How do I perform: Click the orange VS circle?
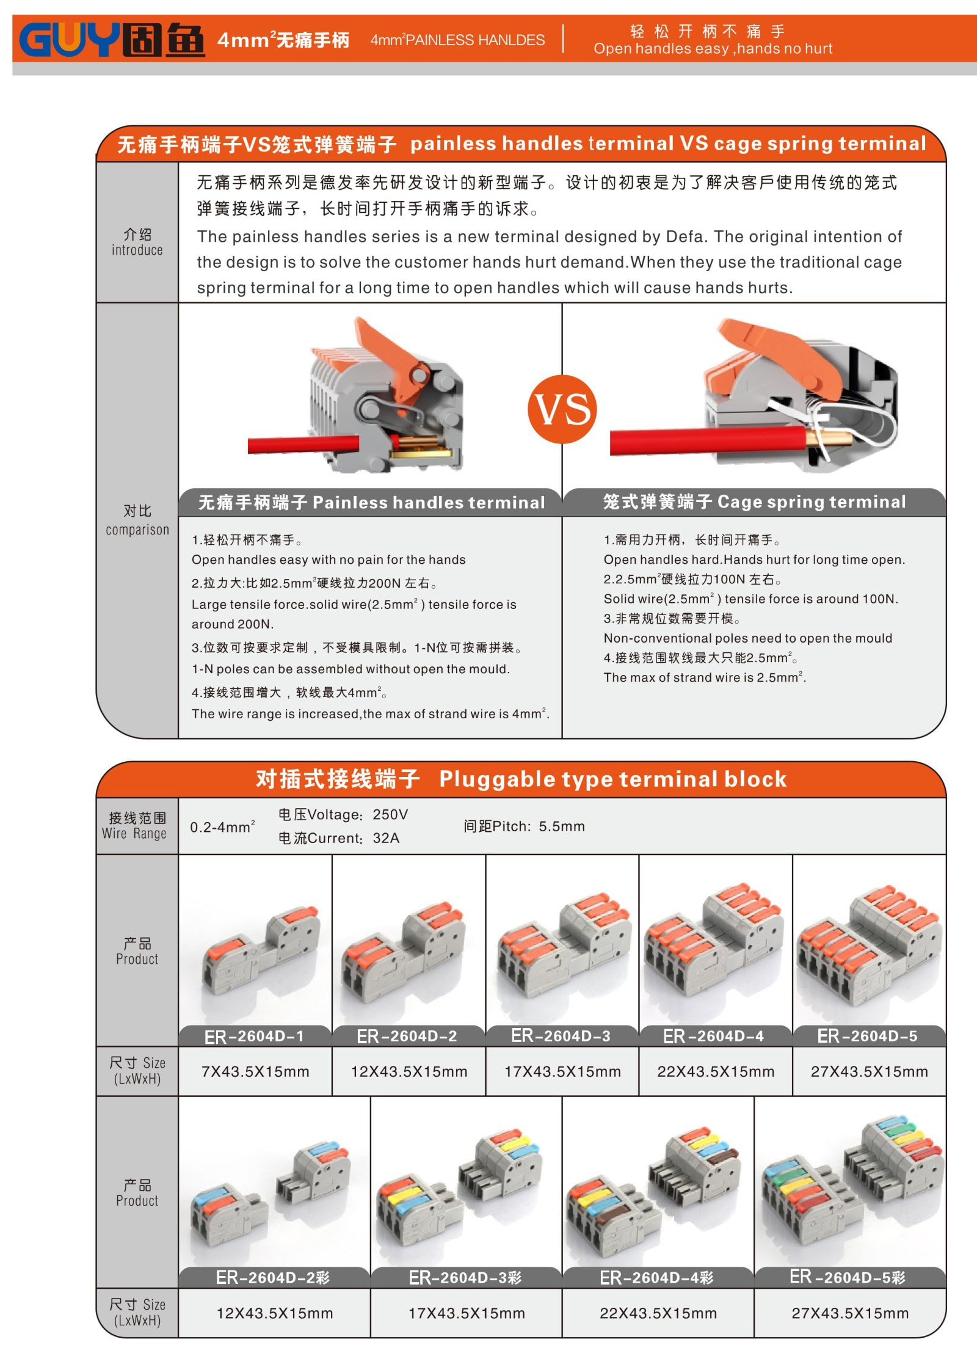pyautogui.click(x=562, y=409)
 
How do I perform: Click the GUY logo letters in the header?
pyautogui.click(x=69, y=40)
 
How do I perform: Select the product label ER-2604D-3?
pyautogui.click(x=561, y=1036)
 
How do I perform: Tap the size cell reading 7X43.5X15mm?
pyautogui.click(x=255, y=1071)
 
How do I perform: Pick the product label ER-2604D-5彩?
pyautogui.click(x=848, y=1277)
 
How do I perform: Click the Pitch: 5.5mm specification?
pyautogui.click(x=524, y=826)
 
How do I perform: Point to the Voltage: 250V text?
pyautogui.click(x=343, y=815)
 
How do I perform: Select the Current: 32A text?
pyautogui.click(x=339, y=838)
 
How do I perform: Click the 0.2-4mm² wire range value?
pyautogui.click(x=222, y=827)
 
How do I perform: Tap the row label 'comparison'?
pyautogui.click(x=137, y=530)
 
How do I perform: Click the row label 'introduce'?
pyautogui.click(x=137, y=250)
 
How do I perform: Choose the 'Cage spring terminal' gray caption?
pyautogui.click(x=754, y=502)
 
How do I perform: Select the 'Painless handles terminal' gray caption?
pyautogui.click(x=371, y=503)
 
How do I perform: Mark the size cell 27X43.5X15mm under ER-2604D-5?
pyautogui.click(x=870, y=1071)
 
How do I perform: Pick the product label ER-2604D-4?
pyautogui.click(x=713, y=1036)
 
